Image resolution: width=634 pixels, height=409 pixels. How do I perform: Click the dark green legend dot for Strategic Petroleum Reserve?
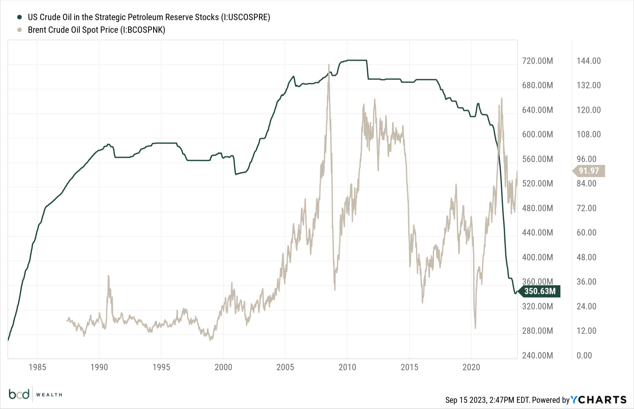[x=20, y=17]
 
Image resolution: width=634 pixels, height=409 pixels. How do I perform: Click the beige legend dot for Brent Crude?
[x=20, y=30]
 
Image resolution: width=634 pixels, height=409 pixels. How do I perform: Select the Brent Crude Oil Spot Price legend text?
[x=96, y=30]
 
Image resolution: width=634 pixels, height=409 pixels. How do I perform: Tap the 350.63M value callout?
[x=540, y=291]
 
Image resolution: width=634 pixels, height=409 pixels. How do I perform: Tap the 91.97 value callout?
[x=589, y=171]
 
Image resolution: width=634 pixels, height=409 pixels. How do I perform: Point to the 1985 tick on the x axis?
[x=37, y=367]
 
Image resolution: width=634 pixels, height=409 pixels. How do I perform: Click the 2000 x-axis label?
[x=223, y=367]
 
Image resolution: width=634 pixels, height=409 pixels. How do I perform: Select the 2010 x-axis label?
[x=347, y=367]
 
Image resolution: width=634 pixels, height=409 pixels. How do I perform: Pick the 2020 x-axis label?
[x=471, y=367]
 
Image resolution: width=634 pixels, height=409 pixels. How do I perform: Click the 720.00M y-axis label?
[x=537, y=61]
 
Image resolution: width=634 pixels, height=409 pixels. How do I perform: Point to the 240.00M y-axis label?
[x=537, y=355]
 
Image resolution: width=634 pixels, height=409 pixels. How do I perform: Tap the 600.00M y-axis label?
[x=537, y=134]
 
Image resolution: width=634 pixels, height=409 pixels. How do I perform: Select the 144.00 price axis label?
[x=589, y=61]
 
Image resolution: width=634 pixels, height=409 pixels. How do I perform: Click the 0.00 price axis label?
[x=584, y=355]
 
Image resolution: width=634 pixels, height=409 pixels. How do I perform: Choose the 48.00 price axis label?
[x=586, y=257]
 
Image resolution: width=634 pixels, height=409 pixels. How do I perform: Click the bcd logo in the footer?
[x=19, y=394]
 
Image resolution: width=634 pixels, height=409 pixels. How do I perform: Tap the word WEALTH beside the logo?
[x=49, y=395]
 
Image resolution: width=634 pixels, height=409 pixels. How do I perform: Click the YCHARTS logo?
[x=598, y=400]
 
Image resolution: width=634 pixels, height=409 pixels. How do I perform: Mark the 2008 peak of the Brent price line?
[x=329, y=65]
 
